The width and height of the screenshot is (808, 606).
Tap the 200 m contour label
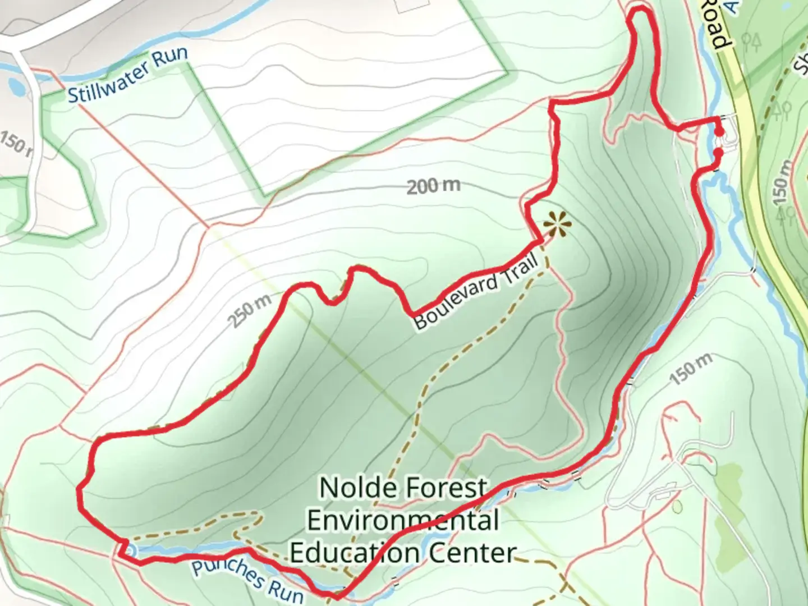(433, 186)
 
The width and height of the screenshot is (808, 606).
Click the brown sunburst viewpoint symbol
(557, 225)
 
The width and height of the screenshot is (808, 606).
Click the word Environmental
(403, 520)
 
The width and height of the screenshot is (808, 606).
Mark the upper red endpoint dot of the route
(719, 132)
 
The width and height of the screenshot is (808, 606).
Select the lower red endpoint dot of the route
(718, 152)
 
